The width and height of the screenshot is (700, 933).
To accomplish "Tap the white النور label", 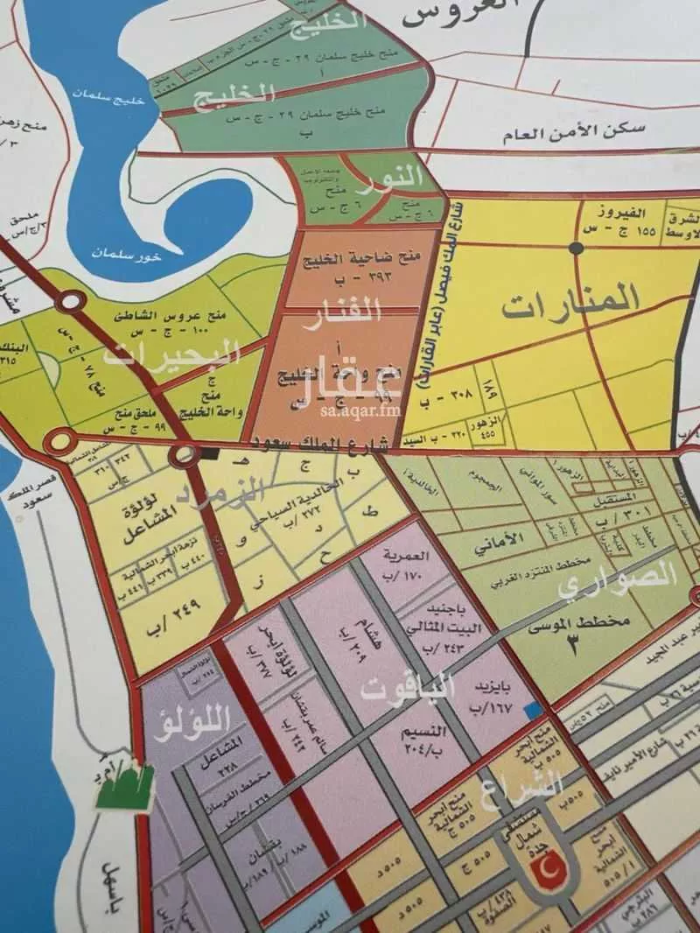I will click(x=393, y=176).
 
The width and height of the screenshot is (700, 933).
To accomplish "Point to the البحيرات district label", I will click(x=171, y=354).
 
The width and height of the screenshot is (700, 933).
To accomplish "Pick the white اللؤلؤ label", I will click(x=196, y=723).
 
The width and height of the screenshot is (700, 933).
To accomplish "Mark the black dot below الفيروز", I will click(x=576, y=249).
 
